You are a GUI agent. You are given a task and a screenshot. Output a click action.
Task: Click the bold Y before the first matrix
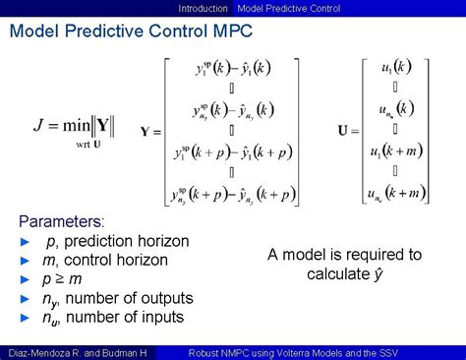coord(146,131)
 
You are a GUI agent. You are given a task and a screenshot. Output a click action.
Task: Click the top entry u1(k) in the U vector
coord(403,67)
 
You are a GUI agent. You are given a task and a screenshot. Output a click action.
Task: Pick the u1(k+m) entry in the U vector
coord(403,150)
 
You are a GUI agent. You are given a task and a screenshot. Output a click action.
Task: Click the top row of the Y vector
coord(232,69)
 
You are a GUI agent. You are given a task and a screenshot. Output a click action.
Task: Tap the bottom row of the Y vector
coord(232,194)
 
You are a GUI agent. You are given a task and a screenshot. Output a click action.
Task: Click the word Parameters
coord(61,221)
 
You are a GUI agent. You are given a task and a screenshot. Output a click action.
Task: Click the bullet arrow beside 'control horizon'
coord(26,261)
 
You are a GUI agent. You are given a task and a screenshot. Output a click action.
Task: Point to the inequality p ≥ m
coord(63,279)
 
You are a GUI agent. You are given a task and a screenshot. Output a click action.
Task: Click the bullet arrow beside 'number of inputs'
coord(26,317)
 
